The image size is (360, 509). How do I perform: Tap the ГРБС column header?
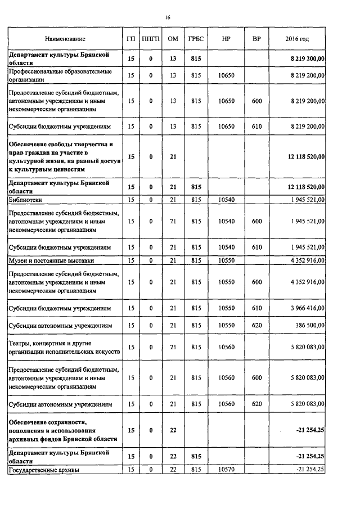pos(196,39)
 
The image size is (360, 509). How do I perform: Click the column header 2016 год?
pos(297,39)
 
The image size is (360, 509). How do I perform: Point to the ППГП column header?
pos(151,39)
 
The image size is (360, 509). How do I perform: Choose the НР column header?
pos(226,39)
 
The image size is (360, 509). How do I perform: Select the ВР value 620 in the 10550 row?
pos(257,326)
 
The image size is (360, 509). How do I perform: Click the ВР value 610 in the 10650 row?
pos(257,127)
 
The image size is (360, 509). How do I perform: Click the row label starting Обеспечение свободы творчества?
pos(64,157)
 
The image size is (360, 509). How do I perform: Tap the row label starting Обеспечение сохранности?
pos(62,430)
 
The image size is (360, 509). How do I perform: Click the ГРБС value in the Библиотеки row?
pos(196,199)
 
